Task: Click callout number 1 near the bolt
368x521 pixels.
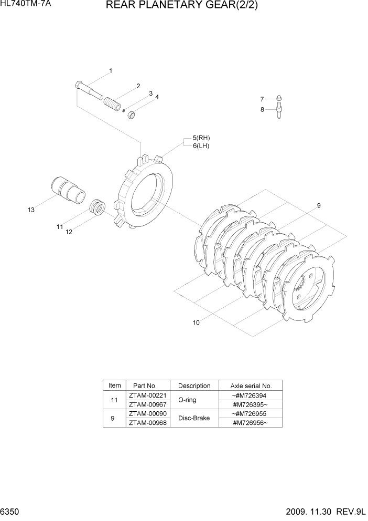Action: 111,70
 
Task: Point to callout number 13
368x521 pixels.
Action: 31,210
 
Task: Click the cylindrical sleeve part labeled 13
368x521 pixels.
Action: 67,189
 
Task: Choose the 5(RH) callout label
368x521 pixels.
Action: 201,138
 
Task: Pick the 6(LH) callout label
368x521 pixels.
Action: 201,146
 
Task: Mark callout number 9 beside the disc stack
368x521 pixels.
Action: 318,206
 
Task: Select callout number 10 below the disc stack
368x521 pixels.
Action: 196,322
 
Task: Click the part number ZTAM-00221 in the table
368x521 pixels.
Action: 143,395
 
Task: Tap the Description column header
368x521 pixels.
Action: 194,385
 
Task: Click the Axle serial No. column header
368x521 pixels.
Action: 251,385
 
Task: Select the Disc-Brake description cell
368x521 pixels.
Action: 194,418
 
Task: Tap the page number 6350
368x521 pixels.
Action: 10,512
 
